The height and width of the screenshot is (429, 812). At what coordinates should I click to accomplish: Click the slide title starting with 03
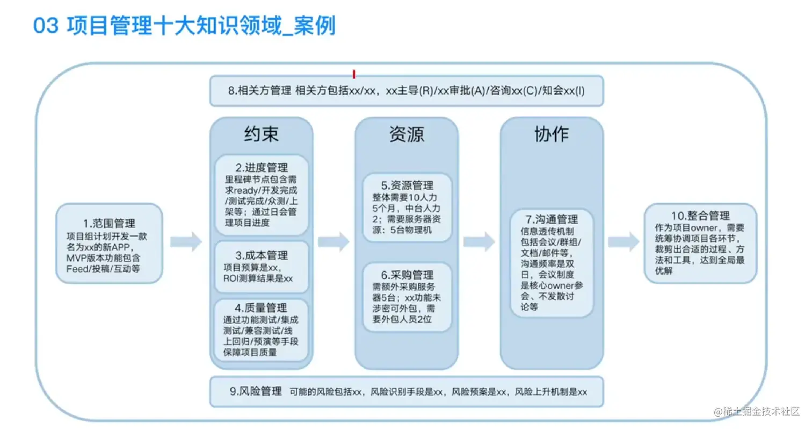tap(184, 25)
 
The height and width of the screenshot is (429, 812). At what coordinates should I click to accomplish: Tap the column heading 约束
tap(261, 134)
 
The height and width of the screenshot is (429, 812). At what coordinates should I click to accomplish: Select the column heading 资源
tap(407, 134)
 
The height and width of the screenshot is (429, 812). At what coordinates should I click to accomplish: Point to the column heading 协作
tap(552, 134)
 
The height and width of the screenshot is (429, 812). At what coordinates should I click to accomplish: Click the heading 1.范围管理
tap(110, 223)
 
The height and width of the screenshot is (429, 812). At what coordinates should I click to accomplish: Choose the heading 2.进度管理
tap(262, 168)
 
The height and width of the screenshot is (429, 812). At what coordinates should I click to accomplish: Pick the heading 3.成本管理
tap(262, 255)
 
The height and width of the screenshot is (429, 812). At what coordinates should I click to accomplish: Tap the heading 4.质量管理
tap(262, 308)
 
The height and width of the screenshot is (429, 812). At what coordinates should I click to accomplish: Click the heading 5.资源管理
tap(407, 186)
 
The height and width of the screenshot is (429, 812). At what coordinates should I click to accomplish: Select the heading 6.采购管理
tap(407, 275)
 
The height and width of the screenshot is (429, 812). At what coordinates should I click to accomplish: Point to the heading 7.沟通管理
tap(552, 219)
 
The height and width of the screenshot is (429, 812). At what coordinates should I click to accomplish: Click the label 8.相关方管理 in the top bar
tap(259, 91)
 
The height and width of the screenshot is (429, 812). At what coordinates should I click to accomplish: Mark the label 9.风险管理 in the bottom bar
tap(255, 391)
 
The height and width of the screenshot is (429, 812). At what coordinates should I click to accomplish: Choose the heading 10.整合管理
tap(700, 216)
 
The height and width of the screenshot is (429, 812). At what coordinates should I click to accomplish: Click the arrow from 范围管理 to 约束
tap(186, 242)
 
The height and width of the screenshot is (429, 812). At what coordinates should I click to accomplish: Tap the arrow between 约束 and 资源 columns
tap(334, 242)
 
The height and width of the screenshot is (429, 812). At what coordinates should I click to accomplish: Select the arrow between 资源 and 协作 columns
tap(479, 242)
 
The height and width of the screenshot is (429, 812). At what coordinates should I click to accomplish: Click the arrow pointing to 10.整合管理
tap(624, 242)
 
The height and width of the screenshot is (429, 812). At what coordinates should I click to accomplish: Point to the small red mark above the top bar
tap(353, 74)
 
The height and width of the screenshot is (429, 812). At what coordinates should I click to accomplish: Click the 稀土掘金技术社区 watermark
tap(757, 411)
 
